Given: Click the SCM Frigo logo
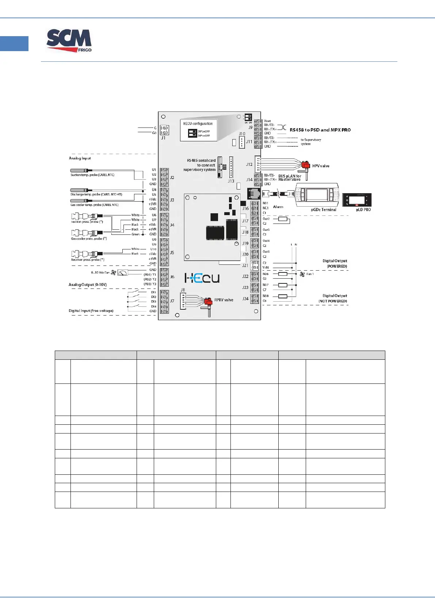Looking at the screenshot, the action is tap(69, 41).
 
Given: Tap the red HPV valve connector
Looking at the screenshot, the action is tap(305, 166).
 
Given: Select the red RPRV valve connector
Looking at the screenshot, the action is tap(208, 301).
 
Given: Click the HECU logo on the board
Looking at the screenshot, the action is tap(202, 278).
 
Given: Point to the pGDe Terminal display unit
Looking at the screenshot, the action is tap(316, 195).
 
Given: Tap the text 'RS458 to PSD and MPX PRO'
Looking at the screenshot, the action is tap(320, 130).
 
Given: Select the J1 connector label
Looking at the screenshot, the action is tap(163, 138).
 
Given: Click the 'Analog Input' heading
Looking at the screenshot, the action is tap(80, 158).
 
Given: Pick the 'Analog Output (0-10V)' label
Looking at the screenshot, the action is tap(88, 284).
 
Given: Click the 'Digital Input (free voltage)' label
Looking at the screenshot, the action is tap(91, 311).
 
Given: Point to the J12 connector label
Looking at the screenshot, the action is tap(249, 164).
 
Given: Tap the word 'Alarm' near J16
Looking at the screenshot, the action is tap(278, 207).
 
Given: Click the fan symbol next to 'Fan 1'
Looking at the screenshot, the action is tap(302, 274).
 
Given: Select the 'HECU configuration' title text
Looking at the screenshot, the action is tap(198, 123).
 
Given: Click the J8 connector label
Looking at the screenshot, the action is tap(183, 290).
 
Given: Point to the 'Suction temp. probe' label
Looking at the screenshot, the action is tap(92, 175).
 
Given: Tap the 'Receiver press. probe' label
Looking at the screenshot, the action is tap(87, 260).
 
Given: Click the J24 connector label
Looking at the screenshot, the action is tap(245, 299).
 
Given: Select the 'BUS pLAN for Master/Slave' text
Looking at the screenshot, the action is tap(290, 177).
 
